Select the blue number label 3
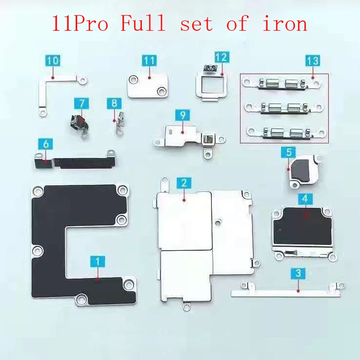click(298, 272)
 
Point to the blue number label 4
click(305, 198)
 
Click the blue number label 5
click(289, 153)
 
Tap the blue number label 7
click(81, 103)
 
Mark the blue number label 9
click(183, 115)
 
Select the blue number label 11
click(149, 60)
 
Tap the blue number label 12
click(221, 57)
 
